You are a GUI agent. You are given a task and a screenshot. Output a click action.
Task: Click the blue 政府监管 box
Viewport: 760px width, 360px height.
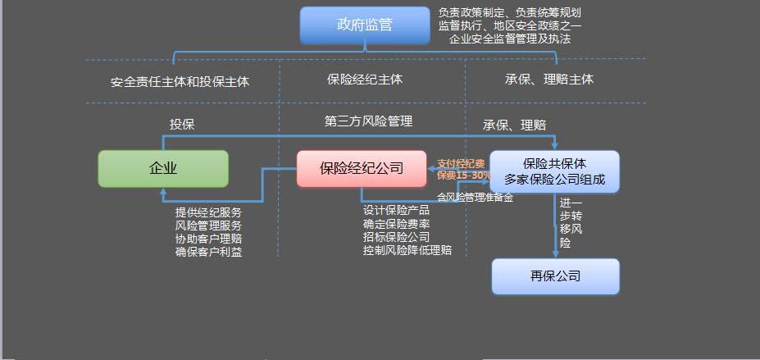[x=365, y=25]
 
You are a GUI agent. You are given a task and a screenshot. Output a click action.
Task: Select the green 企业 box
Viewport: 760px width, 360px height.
[x=163, y=168]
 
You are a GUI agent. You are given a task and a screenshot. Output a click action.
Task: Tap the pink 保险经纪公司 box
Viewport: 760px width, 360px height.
[x=362, y=168]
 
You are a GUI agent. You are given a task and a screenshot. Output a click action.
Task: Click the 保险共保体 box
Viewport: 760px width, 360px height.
[x=554, y=171]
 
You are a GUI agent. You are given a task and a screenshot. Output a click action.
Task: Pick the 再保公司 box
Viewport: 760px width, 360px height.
[x=555, y=276]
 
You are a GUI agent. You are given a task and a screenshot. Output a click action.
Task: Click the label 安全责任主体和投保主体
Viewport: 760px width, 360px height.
[x=180, y=82]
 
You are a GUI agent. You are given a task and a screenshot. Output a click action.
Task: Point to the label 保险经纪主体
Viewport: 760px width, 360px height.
[x=365, y=80]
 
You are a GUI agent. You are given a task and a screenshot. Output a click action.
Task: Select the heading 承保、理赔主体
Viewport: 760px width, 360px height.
[x=549, y=80]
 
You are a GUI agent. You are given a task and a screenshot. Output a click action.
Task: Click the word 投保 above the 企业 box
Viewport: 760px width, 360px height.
[x=182, y=124]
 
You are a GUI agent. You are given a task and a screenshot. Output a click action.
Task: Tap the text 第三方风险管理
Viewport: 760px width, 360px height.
[x=368, y=121]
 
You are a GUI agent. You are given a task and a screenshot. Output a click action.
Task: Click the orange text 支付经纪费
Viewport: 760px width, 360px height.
[x=461, y=163]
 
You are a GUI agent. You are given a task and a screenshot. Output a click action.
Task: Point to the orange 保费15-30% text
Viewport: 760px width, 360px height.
[x=464, y=175]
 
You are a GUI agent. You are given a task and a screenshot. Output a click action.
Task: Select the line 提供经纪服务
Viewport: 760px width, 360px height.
[x=208, y=212]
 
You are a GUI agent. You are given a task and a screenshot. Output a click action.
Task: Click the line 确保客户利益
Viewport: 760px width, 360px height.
[x=208, y=252]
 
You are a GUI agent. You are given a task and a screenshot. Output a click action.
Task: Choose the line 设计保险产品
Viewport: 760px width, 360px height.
[x=396, y=210]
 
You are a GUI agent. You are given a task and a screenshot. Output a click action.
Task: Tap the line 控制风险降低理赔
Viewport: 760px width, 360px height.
[x=407, y=250]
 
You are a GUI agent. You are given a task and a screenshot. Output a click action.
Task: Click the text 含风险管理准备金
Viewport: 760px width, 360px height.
[x=475, y=197]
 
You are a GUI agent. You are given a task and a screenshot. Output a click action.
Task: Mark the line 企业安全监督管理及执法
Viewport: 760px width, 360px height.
[x=510, y=39]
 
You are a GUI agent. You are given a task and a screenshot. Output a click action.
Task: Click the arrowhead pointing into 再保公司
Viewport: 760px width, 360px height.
[x=555, y=254]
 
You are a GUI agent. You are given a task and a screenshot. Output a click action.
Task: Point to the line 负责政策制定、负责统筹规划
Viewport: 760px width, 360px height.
[x=510, y=12]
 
